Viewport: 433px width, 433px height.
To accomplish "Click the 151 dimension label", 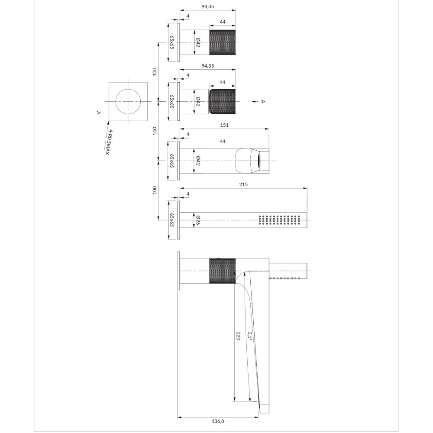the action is (224, 125).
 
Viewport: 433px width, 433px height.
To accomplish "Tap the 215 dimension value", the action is (243, 184).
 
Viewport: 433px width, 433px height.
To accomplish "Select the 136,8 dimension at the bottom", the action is (218, 421).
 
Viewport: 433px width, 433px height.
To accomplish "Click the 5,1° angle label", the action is (249, 336).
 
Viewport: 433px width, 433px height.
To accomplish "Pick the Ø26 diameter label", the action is (198, 220).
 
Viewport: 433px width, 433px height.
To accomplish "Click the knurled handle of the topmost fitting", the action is (222, 42).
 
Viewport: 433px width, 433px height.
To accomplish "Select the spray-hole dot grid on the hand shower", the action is (279, 220).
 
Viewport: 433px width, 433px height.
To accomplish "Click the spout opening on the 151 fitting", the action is (259, 161).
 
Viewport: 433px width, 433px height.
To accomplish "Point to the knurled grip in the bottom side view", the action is (222, 271).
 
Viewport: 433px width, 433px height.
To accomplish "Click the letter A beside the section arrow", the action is (263, 101).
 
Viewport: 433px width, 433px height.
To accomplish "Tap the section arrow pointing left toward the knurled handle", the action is (255, 102).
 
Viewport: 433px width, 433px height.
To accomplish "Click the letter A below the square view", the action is (99, 113).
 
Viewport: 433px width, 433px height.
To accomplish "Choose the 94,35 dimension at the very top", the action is (208, 6).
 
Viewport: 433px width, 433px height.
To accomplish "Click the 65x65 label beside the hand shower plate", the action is (172, 220).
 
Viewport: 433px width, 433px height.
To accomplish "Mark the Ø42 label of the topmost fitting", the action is (198, 42).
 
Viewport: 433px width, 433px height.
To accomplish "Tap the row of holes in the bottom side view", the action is (284, 278).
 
